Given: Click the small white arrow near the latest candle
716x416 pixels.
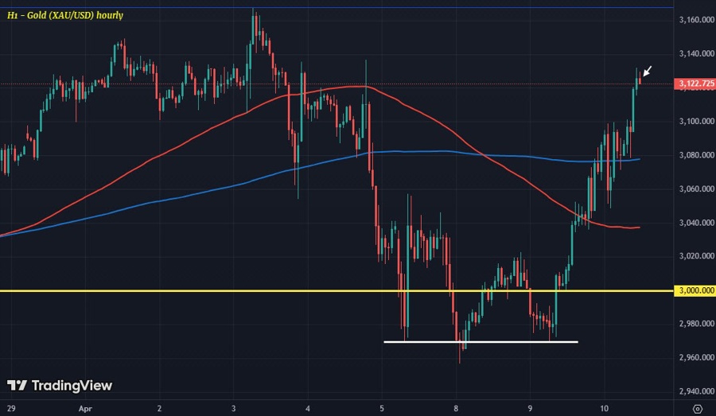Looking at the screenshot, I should [x=648, y=72].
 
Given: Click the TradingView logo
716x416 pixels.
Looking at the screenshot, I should [x=60, y=386].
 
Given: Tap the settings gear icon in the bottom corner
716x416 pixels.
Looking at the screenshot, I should [x=697, y=408].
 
